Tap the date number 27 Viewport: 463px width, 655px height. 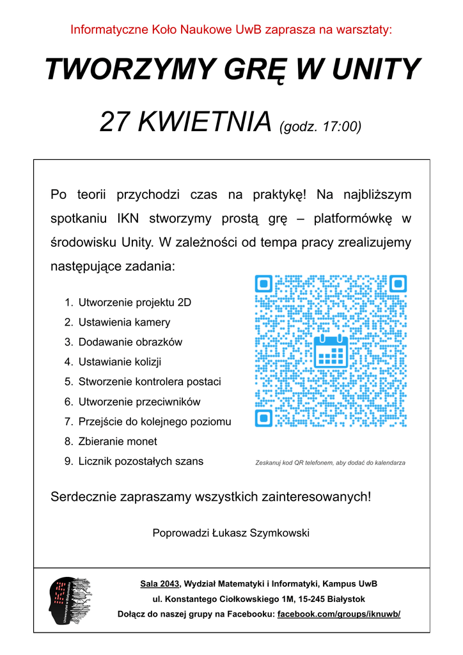pos(116,122)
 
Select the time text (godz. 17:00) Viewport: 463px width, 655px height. pos(320,126)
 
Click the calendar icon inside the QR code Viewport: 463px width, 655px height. pos(331,351)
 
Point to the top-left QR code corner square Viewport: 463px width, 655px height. pos(263,283)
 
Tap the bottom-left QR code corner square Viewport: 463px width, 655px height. pos(263,418)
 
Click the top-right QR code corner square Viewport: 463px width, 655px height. pos(398,283)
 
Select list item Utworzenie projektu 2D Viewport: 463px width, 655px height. pos(134,303)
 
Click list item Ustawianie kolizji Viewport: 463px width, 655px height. pos(120,362)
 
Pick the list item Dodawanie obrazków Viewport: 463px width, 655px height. pos(130,342)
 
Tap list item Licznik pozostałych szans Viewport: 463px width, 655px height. pos(141,461)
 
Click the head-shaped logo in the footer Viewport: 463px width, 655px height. pos(70,601)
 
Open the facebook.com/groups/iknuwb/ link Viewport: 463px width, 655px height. pos(339,614)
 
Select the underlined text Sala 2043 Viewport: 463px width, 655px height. pos(161,583)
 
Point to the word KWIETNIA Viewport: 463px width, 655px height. pos(204,122)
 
